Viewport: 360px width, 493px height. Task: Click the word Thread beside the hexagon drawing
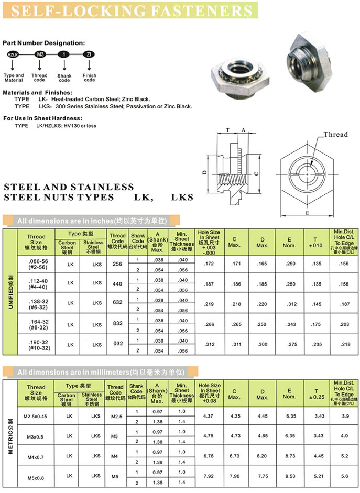point(335,135)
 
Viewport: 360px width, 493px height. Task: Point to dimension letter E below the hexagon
point(307,213)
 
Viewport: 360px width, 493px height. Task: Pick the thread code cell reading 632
point(117,303)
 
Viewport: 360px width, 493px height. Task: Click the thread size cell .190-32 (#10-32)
point(36,344)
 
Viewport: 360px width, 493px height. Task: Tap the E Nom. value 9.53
point(289,476)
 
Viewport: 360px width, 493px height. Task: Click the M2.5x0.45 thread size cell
point(36,415)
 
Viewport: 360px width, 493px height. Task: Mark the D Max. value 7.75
point(262,476)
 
